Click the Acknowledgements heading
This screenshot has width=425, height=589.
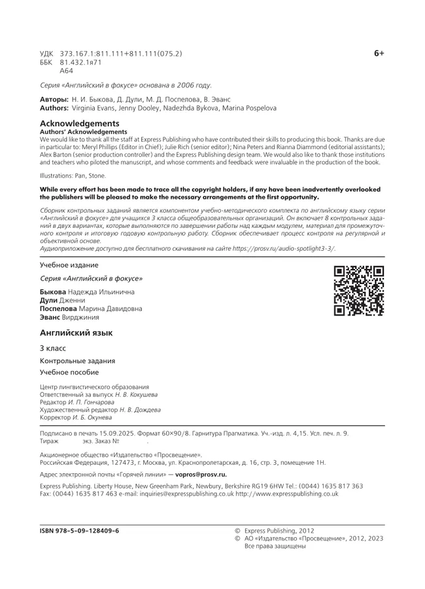(x=80, y=123)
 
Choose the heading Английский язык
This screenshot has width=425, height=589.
(x=76, y=332)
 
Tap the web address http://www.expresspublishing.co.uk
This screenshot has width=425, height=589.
(x=287, y=494)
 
